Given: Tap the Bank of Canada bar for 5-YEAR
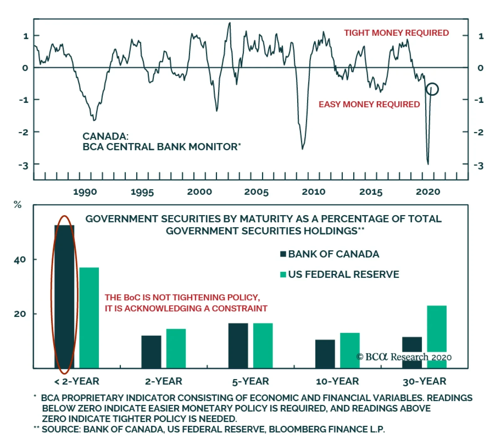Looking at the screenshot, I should click(x=238, y=345).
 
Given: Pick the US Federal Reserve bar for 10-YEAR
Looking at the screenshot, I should click(x=350, y=350).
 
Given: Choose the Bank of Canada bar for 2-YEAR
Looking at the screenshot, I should click(x=151, y=351).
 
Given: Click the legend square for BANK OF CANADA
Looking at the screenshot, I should click(x=283, y=254).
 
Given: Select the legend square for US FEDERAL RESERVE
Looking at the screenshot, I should click(x=283, y=275).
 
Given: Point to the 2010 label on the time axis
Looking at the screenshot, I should click(x=313, y=192).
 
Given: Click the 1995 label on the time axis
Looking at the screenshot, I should click(x=142, y=192).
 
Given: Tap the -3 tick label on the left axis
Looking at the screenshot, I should click(x=23, y=165).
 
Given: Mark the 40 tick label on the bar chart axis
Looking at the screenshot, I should click(x=20, y=260).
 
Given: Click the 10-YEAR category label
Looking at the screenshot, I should click(x=337, y=381).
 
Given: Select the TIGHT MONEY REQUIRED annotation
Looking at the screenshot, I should click(x=396, y=33).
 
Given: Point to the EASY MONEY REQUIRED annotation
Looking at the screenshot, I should click(x=369, y=104).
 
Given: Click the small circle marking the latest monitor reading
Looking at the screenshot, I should click(x=432, y=89).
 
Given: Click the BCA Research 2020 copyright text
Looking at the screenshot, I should click(x=404, y=357).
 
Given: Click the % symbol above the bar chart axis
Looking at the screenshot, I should click(x=18, y=205).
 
